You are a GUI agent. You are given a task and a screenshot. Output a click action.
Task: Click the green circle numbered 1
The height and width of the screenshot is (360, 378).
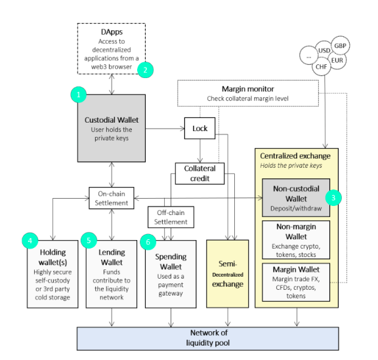coord(79,94)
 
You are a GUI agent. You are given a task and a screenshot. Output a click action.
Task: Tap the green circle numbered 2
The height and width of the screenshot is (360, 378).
coord(146,70)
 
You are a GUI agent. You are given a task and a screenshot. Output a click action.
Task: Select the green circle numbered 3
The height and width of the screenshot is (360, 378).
coord(333,198)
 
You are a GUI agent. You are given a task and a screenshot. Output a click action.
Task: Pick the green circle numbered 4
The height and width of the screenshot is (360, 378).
coord(30,241)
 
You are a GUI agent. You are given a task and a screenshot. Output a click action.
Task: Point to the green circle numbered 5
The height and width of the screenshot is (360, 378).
coord(89,240)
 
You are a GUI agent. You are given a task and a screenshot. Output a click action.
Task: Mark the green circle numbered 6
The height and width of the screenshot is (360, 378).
coord(148,242)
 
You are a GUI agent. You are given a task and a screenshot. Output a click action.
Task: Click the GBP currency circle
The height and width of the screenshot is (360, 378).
coord(341,45)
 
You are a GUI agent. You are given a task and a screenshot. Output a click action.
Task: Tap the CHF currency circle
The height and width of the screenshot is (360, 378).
coord(322,66)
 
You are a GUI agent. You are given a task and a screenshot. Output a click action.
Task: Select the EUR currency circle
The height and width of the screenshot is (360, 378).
coord(337,60)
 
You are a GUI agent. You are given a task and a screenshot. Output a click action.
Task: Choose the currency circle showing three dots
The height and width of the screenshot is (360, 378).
coord(309,56)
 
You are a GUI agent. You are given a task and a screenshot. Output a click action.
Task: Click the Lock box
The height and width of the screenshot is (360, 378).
coord(200,128)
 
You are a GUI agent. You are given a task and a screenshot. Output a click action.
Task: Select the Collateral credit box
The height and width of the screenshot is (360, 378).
coord(200,174)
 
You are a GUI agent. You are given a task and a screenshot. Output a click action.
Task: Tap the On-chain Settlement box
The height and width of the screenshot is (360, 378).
coord(112,198)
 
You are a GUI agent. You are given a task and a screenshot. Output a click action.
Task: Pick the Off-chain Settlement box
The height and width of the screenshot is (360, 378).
coord(171,217)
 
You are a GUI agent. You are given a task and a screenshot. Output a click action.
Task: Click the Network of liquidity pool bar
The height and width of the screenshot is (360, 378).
coord(208,338)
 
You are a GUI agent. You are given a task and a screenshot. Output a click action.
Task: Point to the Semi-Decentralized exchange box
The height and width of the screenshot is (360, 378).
coord(228,273)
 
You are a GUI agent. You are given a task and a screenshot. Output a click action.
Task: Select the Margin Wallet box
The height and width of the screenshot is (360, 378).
coord(296,282)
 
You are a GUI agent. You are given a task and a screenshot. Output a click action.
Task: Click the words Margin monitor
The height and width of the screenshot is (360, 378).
coord(248,89)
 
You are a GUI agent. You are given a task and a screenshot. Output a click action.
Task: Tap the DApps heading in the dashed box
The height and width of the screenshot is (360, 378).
coord(112,32)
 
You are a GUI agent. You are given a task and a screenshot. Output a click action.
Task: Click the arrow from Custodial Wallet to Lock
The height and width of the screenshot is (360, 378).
coord(165,129)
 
